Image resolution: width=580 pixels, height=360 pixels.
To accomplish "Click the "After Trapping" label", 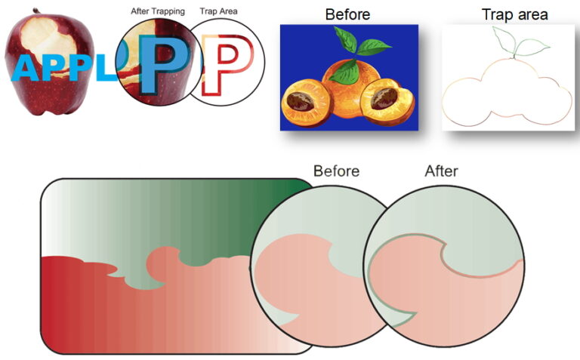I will point(158,11).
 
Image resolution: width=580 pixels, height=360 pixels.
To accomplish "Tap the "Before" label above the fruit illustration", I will point(347,14).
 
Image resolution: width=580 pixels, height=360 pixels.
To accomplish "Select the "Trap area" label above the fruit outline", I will point(514,14).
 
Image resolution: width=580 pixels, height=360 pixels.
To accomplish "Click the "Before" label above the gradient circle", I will point(336,171).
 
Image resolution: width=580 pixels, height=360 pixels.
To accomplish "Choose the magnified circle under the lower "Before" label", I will point(321,264).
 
